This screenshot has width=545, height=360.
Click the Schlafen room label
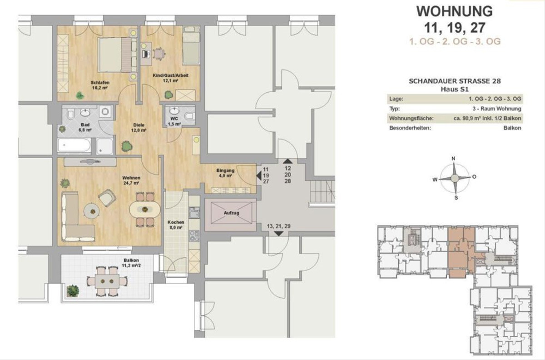coord(100,82)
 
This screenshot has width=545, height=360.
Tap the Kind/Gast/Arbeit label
coord(171,75)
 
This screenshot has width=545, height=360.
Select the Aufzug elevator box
coord(231,213)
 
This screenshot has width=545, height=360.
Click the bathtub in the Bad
coord(74,145)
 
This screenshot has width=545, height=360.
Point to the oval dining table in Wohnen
coord(145,210)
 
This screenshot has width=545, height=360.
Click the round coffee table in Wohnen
coord(92,211)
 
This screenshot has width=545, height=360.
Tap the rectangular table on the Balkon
coord(107,281)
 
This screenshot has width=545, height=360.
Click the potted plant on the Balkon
coord(73,291)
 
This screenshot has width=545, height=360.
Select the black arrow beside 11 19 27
coord(259,175)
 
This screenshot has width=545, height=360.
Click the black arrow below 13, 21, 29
coord(279,234)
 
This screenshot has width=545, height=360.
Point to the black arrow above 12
coord(288,161)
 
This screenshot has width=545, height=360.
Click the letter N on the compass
coord(454,159)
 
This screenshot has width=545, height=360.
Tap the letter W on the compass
coord(435,180)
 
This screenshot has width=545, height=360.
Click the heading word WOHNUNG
coord(455,11)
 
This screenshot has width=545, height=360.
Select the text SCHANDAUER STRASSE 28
coord(455,81)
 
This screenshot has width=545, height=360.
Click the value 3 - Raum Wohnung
coord(497,109)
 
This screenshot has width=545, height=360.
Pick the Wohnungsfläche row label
coord(411,118)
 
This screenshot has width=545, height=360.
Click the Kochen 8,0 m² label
coord(176,225)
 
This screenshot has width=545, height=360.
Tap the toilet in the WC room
coord(190,116)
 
